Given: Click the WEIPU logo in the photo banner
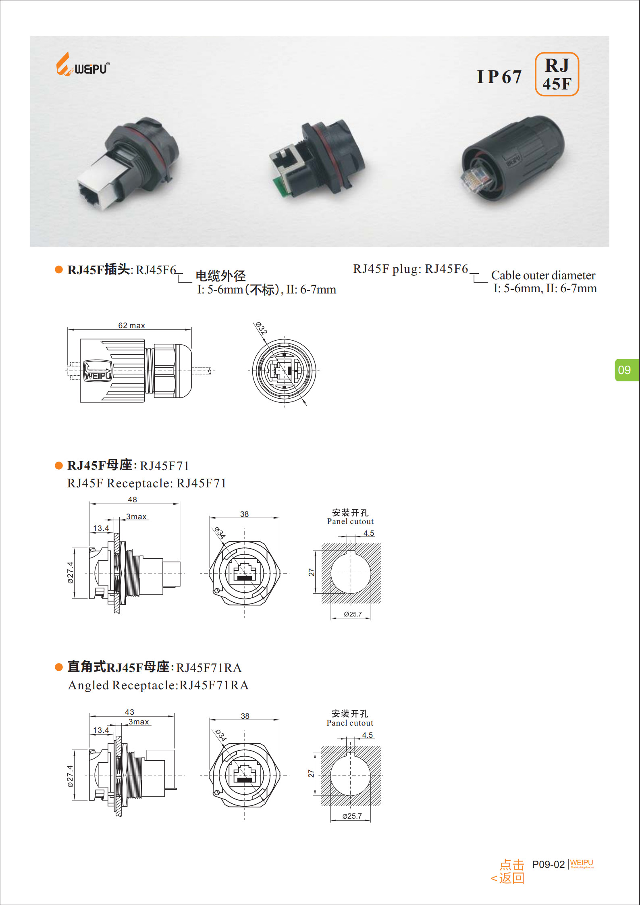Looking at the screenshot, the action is (x=83, y=64).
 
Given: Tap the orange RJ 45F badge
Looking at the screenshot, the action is (x=557, y=74).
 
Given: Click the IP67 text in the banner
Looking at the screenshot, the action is (x=499, y=77).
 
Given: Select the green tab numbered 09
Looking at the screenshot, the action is (x=626, y=370).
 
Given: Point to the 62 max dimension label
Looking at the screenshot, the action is (x=131, y=325).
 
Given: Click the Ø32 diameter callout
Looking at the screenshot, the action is (x=262, y=328).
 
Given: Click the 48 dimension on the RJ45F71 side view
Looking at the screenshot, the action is (x=132, y=499).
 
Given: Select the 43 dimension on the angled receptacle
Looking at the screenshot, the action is (x=129, y=712).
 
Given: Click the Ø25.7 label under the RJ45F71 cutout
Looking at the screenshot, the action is (x=353, y=614).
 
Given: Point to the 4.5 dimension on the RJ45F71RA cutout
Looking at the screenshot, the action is (x=368, y=735).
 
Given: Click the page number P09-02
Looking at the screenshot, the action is (x=549, y=864).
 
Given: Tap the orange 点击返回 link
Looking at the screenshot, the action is (x=508, y=871).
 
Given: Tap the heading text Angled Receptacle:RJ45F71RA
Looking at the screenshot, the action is (x=158, y=685).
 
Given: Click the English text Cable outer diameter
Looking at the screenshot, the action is (x=543, y=275).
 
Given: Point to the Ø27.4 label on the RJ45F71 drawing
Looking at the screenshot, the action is (x=71, y=572).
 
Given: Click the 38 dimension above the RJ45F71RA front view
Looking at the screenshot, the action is (x=245, y=716).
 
